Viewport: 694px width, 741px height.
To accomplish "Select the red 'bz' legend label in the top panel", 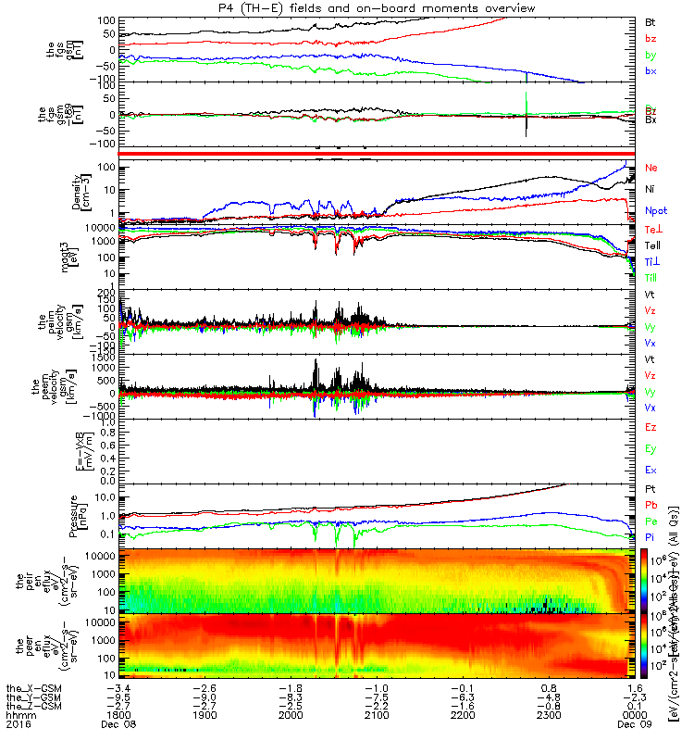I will [x=651, y=39].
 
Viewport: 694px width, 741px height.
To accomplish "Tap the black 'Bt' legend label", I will [x=651, y=21].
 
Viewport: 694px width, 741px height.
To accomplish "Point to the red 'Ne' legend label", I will [x=651, y=169].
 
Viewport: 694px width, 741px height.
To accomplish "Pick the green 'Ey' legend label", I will [x=651, y=449].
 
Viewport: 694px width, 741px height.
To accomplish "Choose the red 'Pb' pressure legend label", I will [x=651, y=506].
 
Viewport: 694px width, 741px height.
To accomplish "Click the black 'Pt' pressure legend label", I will [x=651, y=489].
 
